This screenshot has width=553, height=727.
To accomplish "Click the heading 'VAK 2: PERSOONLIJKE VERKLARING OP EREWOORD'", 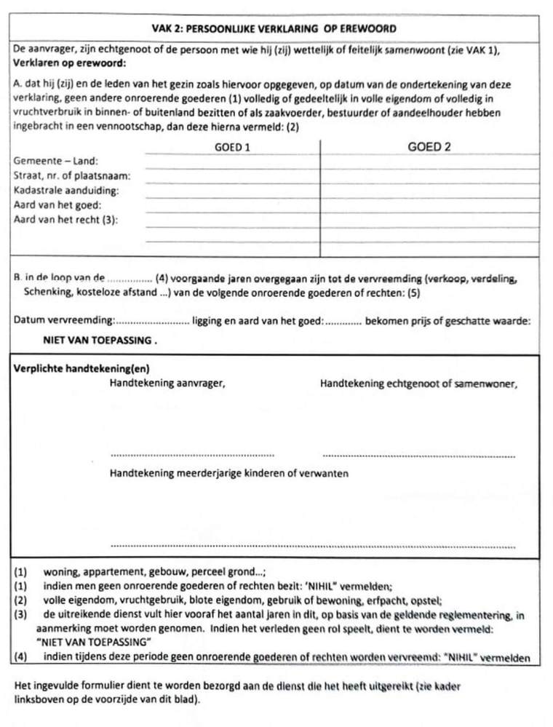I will (x=270, y=28).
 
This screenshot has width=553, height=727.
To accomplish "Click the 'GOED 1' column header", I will (x=233, y=148).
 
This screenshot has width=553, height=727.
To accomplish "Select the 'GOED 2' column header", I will (x=429, y=147).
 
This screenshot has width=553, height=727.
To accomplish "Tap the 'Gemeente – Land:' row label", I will (x=56, y=162).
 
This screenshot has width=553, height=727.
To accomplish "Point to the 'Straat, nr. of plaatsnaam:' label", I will (x=72, y=176).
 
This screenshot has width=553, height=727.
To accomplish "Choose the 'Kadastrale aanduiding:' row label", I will (x=66, y=191).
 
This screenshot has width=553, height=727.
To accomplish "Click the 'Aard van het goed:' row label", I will (x=57, y=205).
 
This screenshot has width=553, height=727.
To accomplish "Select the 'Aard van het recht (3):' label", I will (x=65, y=219).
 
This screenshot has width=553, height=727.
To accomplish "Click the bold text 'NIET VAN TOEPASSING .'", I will (x=100, y=340).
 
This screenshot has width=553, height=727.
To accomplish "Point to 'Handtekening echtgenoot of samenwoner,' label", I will (x=418, y=383).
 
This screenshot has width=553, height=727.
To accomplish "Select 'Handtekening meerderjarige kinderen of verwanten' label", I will (x=228, y=473).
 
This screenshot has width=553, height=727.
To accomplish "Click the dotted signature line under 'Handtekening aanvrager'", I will (x=192, y=455).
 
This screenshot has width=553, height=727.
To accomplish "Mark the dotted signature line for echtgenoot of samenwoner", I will (x=418, y=456).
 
